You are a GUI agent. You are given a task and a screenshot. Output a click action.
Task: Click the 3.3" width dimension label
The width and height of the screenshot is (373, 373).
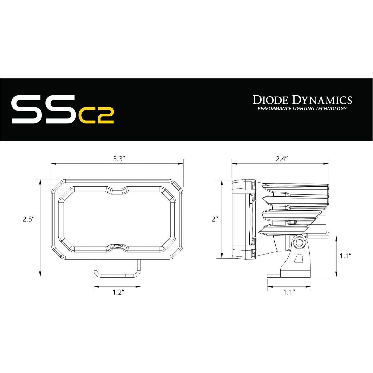point(119,159)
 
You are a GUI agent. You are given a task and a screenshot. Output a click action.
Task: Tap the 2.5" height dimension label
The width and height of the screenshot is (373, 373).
point(29,219)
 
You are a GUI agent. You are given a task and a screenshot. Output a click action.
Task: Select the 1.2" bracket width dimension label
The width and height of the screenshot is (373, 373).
point(118,292)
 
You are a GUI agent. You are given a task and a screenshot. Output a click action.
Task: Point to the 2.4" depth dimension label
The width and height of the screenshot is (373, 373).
point(282,159)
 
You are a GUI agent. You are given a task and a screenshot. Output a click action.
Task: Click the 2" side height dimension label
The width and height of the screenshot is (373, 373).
point(215,219)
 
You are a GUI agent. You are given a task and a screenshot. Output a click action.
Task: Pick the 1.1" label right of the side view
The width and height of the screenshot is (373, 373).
point(346,256)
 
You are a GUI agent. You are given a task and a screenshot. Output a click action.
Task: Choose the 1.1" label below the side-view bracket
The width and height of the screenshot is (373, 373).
point(289,292)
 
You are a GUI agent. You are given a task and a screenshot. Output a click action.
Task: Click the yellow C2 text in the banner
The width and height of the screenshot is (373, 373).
point(96,117)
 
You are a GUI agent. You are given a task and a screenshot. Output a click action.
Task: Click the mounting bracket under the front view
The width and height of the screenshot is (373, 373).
point(117,268)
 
